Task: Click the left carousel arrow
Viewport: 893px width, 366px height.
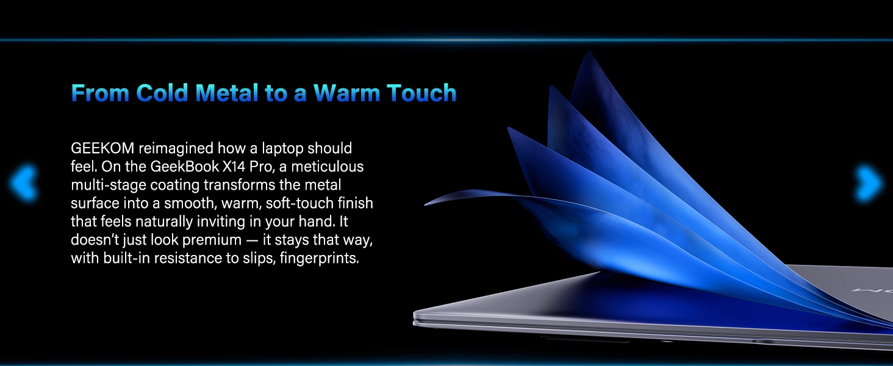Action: (23, 183)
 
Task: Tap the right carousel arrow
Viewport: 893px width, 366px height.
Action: (869, 183)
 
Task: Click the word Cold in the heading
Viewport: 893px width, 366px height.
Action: (162, 93)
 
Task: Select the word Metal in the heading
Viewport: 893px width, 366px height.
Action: (227, 93)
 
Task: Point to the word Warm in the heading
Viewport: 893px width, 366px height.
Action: (346, 93)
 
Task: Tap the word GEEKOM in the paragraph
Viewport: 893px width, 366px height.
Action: (102, 148)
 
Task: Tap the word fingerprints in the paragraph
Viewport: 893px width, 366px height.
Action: (319, 259)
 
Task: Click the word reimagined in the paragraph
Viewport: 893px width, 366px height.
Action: (176, 149)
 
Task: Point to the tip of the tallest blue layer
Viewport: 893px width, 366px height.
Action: (589, 51)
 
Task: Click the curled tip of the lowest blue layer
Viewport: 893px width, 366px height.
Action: (425, 204)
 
